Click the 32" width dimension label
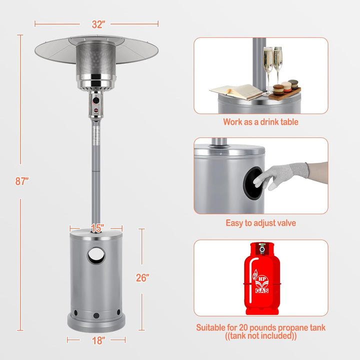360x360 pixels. (98, 24)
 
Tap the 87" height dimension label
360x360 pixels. (22, 181)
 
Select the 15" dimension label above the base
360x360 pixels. (97, 228)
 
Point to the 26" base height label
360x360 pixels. (142, 278)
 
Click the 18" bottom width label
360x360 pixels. (98, 340)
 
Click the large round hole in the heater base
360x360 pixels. (96, 255)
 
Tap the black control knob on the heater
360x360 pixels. (96, 100)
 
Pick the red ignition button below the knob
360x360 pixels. (95, 110)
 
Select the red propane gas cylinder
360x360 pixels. (262, 278)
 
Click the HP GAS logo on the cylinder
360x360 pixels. (261, 282)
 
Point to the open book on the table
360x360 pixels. (236, 92)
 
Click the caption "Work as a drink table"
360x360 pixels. (260, 122)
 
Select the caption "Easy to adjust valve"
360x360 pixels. (261, 223)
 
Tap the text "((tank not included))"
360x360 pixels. (261, 336)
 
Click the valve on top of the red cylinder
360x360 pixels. (262, 248)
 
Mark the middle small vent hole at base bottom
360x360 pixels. (96, 315)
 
